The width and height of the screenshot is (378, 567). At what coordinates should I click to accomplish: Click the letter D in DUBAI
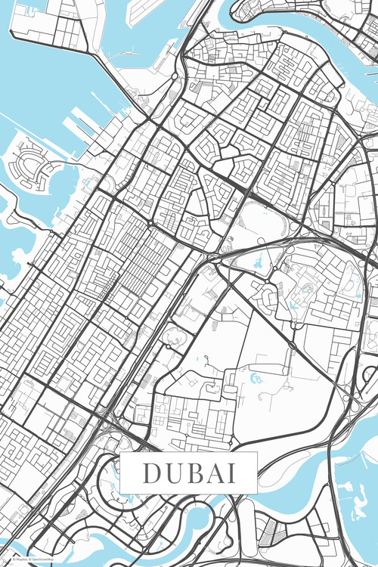click(150, 473)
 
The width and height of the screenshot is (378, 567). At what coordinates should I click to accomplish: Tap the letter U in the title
click(171, 473)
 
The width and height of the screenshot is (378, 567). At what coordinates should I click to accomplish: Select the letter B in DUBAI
click(192, 473)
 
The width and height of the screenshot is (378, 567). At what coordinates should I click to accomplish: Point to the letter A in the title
click(212, 473)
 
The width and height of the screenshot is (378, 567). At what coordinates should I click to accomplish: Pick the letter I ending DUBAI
click(229, 473)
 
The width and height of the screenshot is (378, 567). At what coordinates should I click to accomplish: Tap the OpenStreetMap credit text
click(45, 559)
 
